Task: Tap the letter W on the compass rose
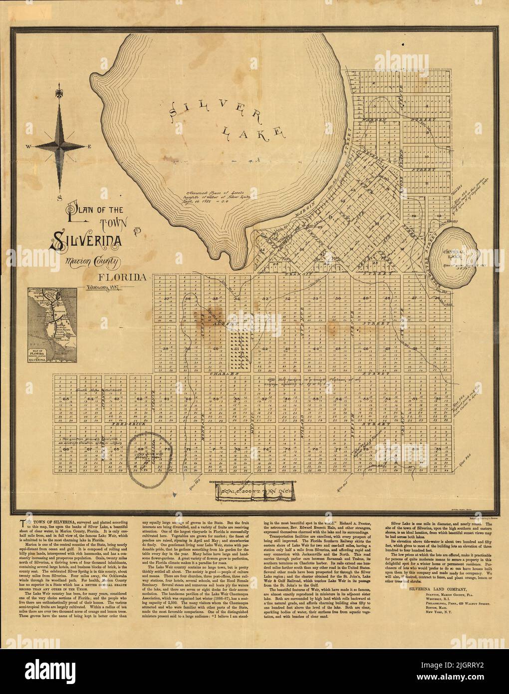29,147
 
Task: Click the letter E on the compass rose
90,147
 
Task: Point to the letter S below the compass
59,198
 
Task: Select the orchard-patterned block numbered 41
241,347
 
